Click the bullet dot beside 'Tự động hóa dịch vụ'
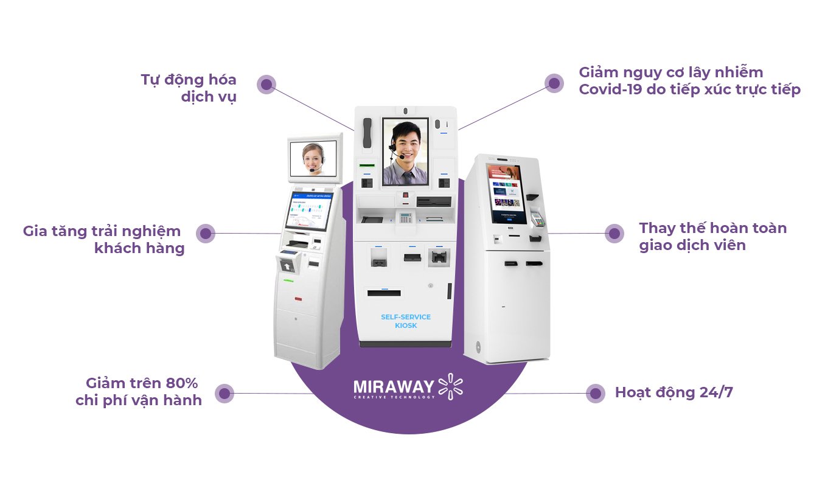pos(266,84)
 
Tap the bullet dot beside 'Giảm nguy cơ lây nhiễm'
pos(554,83)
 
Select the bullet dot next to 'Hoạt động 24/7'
pos(595,393)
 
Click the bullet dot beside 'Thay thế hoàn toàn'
pos(614,233)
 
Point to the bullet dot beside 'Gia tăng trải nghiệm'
pos(206,233)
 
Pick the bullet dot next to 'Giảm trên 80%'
pos(225,393)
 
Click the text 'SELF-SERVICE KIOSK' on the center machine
pos(406,321)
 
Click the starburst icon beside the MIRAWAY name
pos(450,386)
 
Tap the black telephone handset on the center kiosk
pos(367,133)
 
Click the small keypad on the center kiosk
pos(405,217)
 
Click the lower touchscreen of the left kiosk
pos(309,215)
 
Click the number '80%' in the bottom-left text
pos(182,383)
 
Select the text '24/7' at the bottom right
pos(716,392)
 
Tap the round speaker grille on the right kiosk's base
pos(478,348)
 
